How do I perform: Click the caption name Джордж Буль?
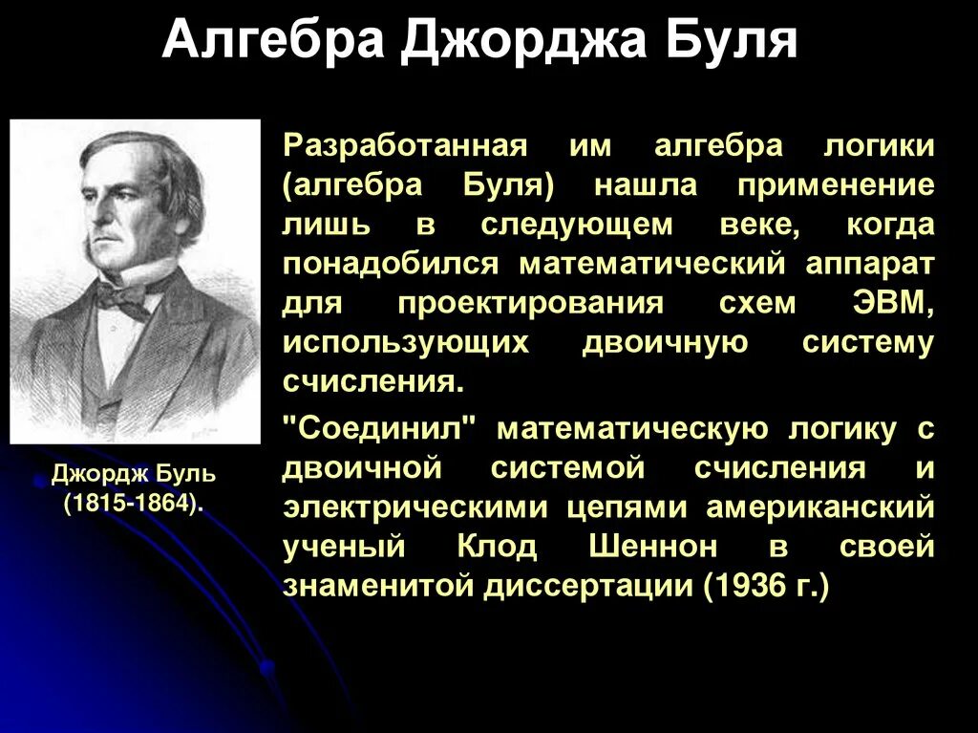point(134,474)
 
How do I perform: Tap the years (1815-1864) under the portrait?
point(134,503)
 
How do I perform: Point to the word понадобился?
point(390,263)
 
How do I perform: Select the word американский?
point(819,507)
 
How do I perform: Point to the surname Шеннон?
point(668,547)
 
